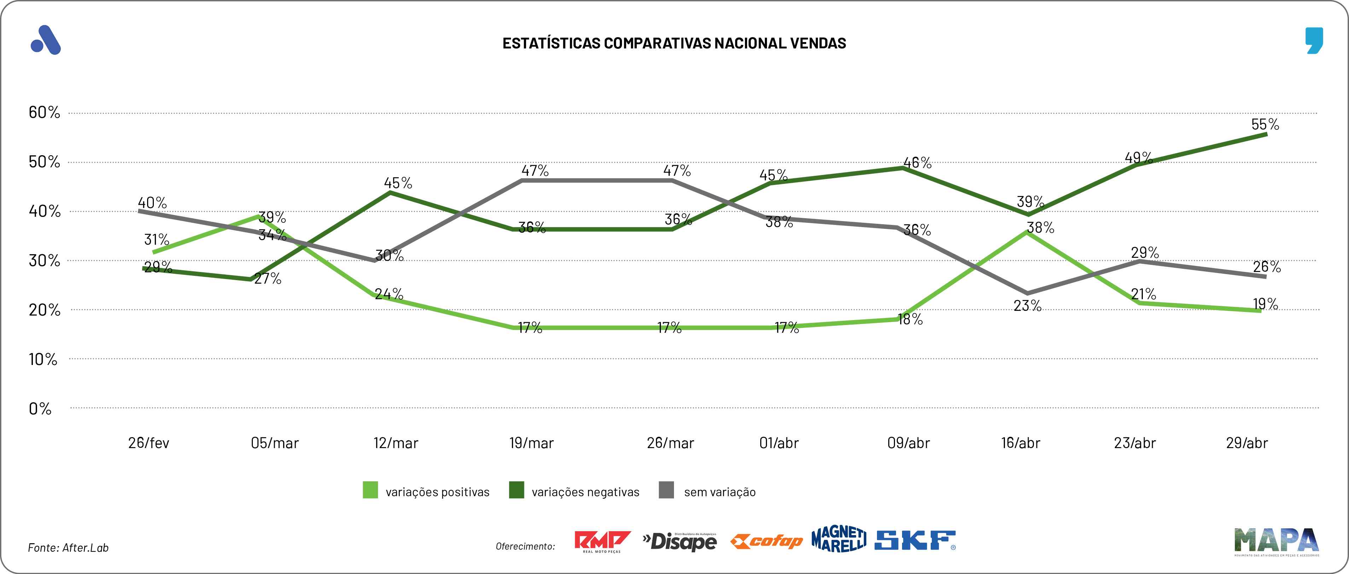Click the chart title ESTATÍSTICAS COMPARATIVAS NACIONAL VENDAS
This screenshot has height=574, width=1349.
674,43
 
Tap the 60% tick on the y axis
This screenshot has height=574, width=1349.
45,112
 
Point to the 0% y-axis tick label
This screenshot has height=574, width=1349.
40,408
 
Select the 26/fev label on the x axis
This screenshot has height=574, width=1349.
149,443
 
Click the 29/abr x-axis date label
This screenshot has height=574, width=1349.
1247,443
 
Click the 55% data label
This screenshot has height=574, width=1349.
1265,124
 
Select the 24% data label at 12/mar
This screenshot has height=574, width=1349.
389,294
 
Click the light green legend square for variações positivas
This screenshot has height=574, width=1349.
370,490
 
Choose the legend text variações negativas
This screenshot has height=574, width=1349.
586,492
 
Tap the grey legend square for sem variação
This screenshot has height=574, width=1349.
666,490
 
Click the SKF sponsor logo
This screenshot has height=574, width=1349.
915,540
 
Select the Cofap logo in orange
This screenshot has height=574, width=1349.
767,541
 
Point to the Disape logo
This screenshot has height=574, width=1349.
680,541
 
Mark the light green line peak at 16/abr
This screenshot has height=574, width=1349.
1028,232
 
